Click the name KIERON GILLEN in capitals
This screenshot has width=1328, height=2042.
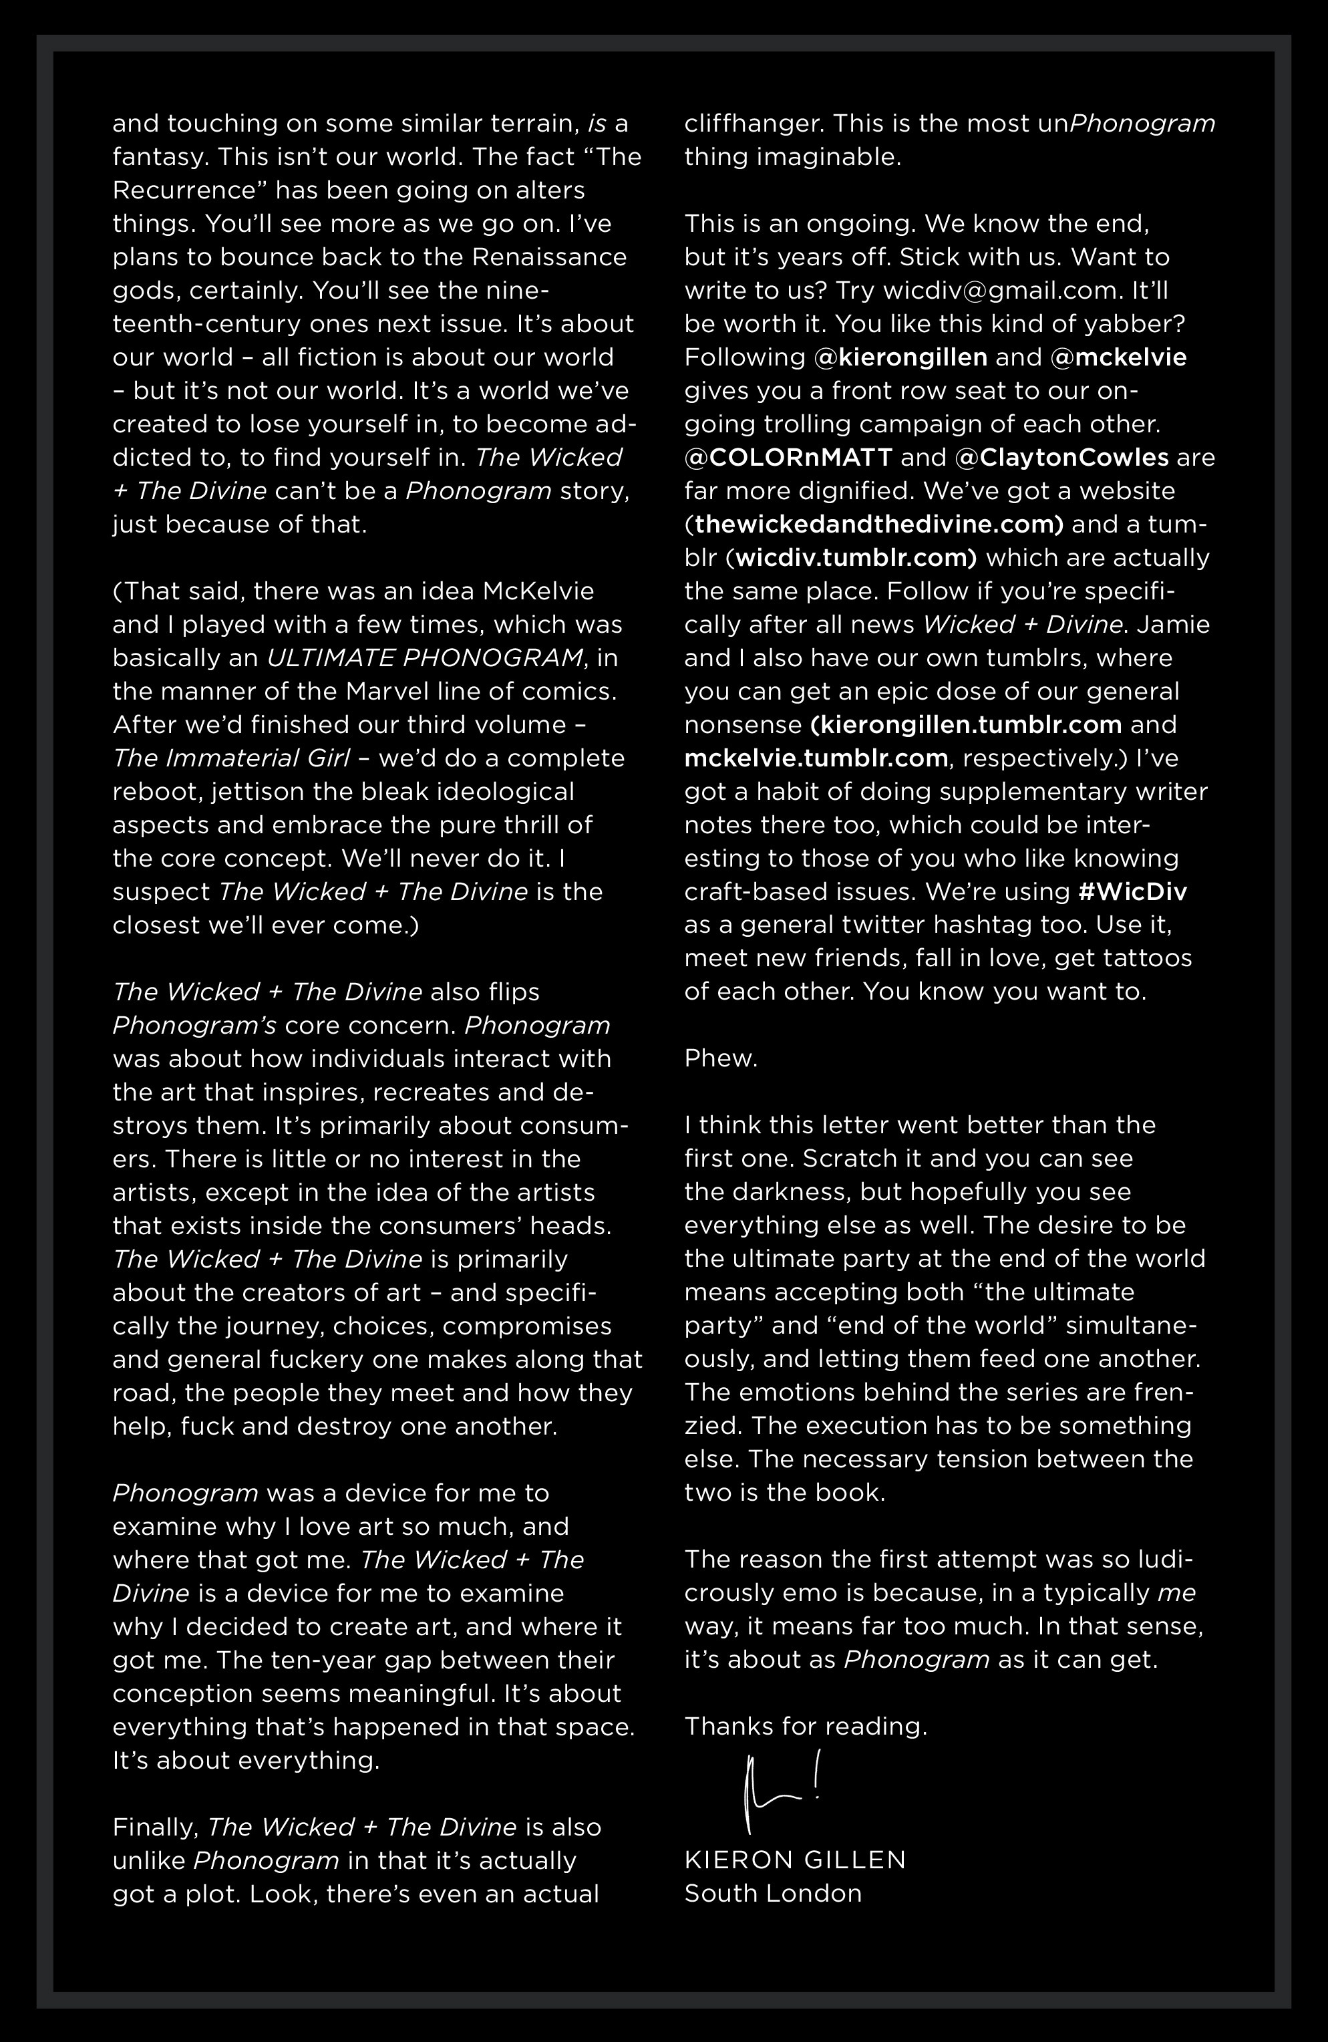794,1860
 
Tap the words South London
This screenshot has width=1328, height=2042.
772,1893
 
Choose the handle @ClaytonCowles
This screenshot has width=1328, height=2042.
1061,457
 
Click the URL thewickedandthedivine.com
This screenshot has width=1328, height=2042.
878,525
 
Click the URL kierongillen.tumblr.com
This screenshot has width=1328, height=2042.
966,724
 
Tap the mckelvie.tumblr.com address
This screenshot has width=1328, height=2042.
816,758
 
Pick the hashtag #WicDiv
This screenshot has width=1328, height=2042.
1132,891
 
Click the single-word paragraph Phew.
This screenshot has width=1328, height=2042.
721,1058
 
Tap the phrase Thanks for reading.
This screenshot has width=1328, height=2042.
806,1725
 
